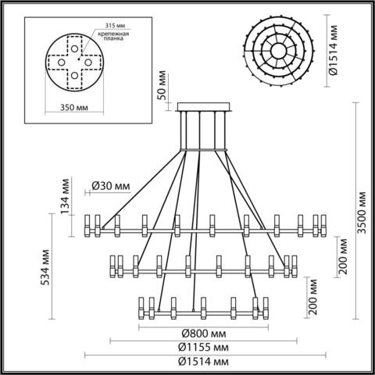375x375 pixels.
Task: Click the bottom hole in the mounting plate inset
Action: pyautogui.click(x=73, y=76)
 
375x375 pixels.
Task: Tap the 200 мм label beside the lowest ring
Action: pyautogui.click(x=313, y=295)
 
